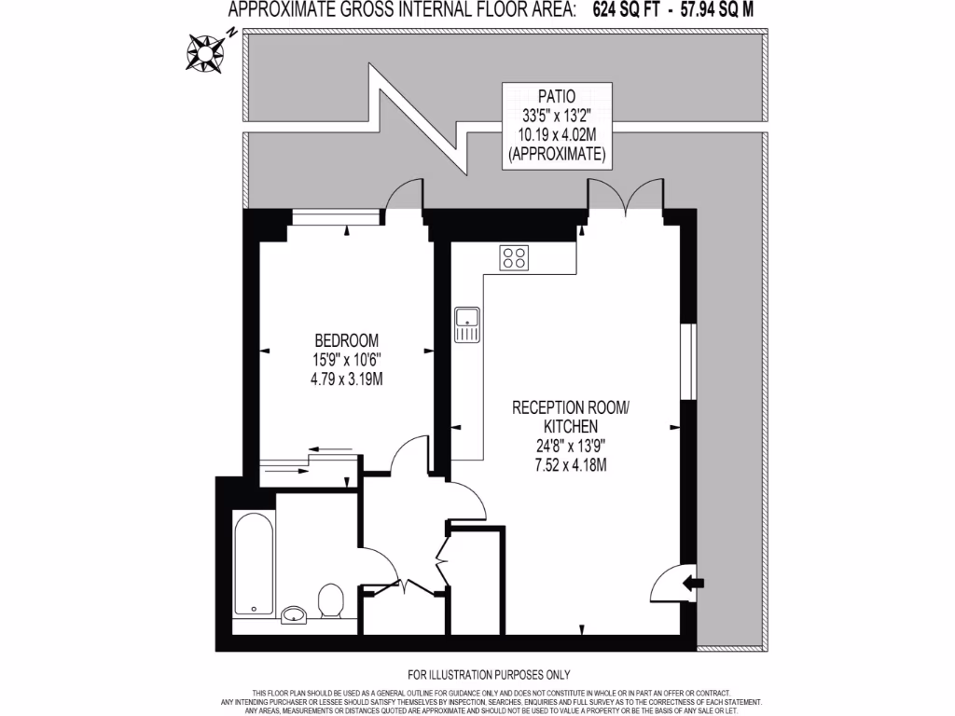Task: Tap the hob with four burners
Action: coord(514,257)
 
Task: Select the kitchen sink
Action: coord(466,324)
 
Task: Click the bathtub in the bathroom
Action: coord(254,563)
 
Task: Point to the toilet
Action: coord(330,600)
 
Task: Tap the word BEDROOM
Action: coord(346,340)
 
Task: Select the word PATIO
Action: coord(557,95)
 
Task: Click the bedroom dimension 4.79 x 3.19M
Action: coord(346,379)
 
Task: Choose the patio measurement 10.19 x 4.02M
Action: coord(557,134)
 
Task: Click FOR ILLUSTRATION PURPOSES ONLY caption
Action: coord(489,674)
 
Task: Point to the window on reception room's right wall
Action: coord(688,361)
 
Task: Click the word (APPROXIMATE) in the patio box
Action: coord(557,154)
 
